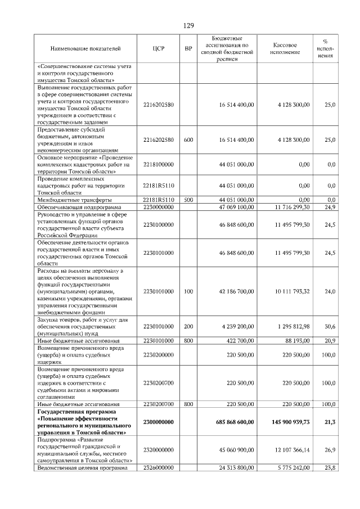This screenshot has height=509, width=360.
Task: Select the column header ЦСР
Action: click(x=158, y=49)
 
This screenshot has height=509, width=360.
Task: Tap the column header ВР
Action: click(x=188, y=49)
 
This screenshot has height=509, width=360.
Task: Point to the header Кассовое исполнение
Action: click(x=285, y=49)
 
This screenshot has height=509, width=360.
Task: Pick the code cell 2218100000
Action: click(x=158, y=164)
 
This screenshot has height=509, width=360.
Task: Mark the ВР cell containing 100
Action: click(x=188, y=291)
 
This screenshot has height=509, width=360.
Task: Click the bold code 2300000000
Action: click(x=158, y=422)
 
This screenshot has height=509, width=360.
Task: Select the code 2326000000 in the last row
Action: click(x=158, y=467)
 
